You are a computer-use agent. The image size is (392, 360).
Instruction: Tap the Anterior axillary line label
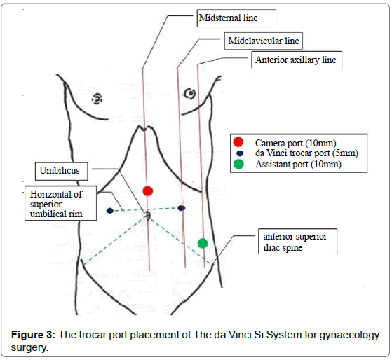295,60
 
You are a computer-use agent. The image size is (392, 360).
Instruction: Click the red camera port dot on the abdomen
147,191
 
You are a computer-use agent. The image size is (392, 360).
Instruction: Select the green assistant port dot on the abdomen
203,243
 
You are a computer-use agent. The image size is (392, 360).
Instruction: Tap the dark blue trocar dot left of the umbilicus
110,210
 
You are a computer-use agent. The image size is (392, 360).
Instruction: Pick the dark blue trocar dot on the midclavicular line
182,208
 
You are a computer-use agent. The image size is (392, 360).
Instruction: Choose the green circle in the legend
238,165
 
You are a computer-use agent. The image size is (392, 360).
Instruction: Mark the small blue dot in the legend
239,153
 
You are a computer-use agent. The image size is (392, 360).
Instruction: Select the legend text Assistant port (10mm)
298,165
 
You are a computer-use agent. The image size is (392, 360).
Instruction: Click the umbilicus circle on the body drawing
148,215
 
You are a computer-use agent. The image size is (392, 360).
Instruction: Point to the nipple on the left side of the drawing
97,98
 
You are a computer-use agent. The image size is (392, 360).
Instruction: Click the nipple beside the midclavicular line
188,93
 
